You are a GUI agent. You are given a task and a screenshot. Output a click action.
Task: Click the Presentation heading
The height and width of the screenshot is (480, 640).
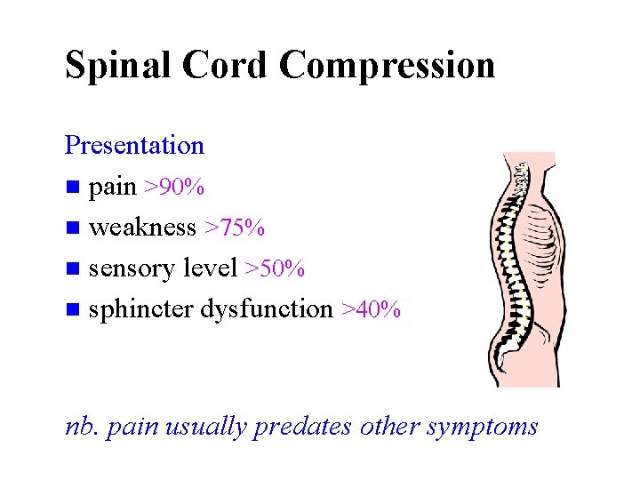134,145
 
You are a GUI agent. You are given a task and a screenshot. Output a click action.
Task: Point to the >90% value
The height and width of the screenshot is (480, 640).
175,188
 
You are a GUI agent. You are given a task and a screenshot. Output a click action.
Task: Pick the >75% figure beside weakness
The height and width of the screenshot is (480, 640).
235,228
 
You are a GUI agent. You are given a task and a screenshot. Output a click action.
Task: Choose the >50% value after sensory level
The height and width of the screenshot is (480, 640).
276,268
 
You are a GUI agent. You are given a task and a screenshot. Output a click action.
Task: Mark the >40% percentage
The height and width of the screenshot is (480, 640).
371,309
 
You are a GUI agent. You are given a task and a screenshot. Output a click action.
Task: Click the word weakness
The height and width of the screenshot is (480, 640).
142,228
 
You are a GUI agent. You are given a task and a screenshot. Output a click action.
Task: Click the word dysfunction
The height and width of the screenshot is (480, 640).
267,309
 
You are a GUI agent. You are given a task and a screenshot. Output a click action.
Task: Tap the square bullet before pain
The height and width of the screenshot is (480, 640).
72,188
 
